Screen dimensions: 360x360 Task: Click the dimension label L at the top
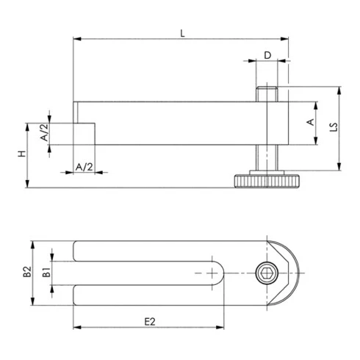(181, 32)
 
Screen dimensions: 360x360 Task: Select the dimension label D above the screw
(267, 55)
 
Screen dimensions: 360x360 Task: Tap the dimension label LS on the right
(331, 129)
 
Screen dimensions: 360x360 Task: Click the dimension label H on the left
(22, 154)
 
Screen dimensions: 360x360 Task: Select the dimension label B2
(26, 273)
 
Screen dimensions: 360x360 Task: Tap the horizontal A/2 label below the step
(84, 168)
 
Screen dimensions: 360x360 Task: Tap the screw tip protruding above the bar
(266, 94)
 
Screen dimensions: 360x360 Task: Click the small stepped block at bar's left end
(85, 134)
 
